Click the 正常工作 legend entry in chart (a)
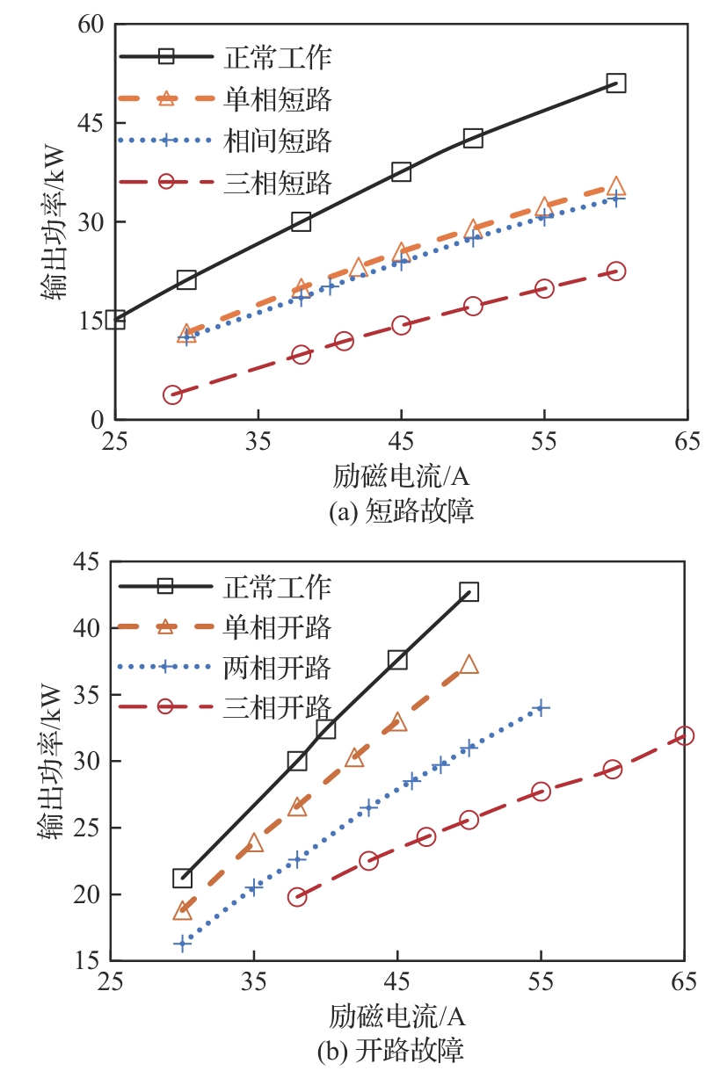277,58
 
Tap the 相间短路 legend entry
277,141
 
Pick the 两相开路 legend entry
277,667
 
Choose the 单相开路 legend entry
277,627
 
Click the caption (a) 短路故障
400,511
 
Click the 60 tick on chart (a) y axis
91,25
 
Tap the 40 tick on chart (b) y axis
91,628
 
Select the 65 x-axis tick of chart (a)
687,441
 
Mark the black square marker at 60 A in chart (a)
616,83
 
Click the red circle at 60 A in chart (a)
616,271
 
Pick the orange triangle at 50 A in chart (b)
469,664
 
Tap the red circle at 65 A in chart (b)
684,735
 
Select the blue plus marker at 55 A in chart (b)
541,707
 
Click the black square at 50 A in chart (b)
469,592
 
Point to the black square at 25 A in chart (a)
115,320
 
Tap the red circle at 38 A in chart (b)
297,897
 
